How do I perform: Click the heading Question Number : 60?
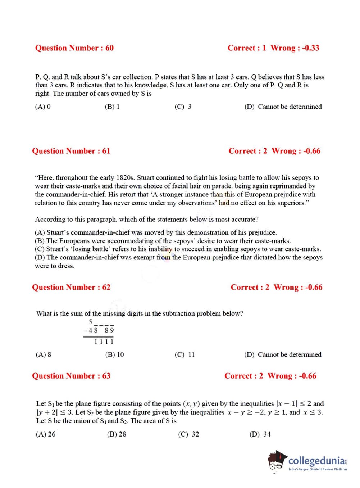click(x=74, y=48)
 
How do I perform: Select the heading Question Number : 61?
click(x=71, y=151)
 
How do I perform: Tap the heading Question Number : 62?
click(x=71, y=287)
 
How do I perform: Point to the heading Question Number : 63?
click(x=71, y=376)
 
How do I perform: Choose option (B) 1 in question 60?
click(x=112, y=107)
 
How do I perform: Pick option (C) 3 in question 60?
click(x=183, y=107)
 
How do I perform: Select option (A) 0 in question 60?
click(x=43, y=107)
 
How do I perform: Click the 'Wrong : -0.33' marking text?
click(x=295, y=48)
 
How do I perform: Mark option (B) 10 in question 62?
click(x=114, y=354)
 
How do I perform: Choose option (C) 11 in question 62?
click(x=184, y=354)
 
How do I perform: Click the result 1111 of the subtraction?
click(x=104, y=342)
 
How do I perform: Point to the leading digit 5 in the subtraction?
click(x=91, y=321)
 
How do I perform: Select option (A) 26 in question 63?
click(x=46, y=434)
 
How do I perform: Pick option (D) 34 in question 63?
click(x=260, y=434)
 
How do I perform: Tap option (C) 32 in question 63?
click(x=188, y=434)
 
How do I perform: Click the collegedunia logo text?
click(x=316, y=460)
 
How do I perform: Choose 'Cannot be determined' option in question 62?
click(x=283, y=354)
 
